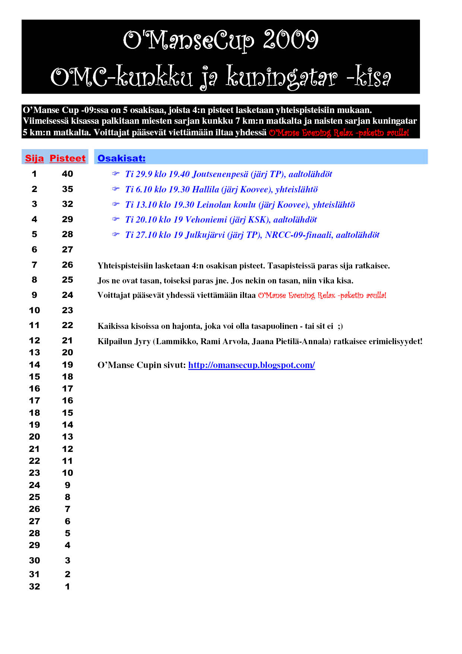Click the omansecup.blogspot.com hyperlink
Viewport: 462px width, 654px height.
point(251,365)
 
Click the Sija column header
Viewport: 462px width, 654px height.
point(34,158)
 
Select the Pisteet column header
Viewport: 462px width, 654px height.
point(67,158)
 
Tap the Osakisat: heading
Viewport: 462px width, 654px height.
point(121,158)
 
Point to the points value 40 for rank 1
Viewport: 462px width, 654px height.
point(67,174)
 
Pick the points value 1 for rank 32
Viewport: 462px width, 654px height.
point(67,587)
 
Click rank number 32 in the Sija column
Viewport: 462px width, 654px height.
point(34,587)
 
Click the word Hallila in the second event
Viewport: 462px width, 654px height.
point(205,189)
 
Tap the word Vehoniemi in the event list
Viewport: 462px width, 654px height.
point(206,220)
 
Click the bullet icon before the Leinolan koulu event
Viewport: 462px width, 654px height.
point(116,204)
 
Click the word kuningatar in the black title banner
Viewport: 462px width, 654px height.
point(282,77)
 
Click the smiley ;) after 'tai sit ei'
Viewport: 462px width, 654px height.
point(340,326)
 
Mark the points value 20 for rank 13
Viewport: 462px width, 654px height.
point(67,352)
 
